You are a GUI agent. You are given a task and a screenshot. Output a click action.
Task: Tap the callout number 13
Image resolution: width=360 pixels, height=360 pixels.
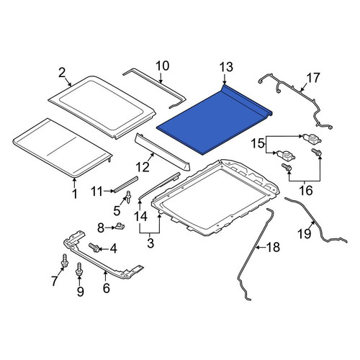coord(226,67)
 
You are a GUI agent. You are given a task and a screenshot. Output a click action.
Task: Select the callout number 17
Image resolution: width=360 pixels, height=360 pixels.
coord(313,78)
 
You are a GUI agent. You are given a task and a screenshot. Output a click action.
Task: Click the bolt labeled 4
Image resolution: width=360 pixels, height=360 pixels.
coord(94,247)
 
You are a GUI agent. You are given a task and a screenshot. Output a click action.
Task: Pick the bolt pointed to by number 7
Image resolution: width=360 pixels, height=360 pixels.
coord(65,261)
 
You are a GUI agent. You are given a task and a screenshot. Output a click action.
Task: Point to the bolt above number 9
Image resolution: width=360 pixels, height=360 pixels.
coord(78,270)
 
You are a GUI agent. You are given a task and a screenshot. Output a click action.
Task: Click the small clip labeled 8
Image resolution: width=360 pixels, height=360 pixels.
coord(120,226)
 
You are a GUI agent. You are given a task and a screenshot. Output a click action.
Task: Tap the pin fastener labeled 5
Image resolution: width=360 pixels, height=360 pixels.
coord(129,197)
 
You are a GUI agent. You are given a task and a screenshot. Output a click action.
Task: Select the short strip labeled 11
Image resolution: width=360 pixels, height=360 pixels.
coord(126,184)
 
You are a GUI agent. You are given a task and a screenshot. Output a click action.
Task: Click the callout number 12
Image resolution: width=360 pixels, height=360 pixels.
coord(143,167)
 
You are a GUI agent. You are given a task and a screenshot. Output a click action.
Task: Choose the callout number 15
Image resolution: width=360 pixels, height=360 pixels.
coord(257,144)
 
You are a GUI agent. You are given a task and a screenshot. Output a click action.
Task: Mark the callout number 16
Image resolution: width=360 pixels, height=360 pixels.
coord(306,191)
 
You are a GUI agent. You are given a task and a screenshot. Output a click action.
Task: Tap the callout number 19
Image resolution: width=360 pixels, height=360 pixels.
coord(305,233)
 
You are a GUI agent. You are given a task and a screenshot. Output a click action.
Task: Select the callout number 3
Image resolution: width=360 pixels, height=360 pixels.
coord(150,243)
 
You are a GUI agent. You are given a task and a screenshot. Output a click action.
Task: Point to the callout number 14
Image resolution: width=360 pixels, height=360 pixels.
coord(140,217)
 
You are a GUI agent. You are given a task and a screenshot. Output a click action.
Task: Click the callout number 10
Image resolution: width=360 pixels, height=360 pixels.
coord(163,66)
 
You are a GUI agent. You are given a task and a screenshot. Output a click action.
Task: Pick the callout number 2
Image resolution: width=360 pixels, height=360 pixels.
coord(62,73)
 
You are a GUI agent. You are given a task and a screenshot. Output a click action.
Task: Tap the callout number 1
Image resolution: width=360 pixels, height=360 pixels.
coord(75,194)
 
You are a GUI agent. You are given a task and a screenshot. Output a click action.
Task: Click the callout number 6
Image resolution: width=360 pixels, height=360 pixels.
coord(106,288)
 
